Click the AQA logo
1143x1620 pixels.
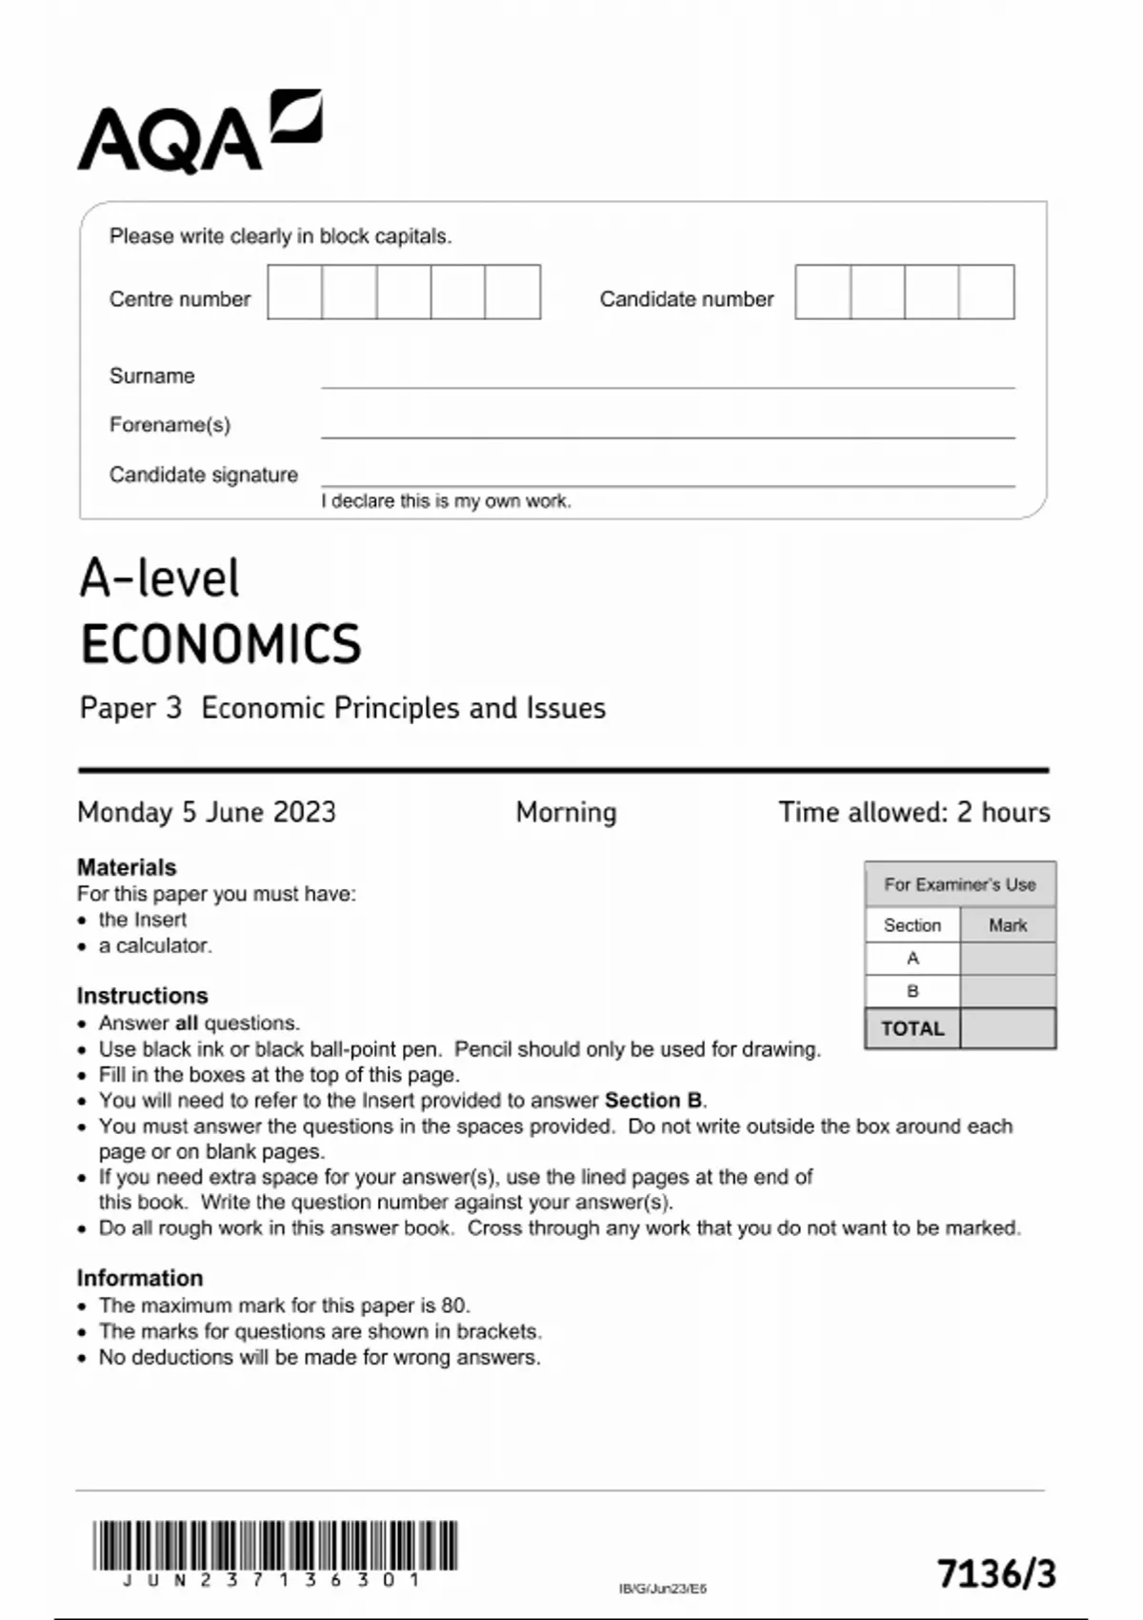pos(199,132)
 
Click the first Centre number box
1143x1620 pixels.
pos(294,292)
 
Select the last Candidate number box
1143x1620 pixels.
pos(987,292)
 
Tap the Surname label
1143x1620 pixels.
pos(151,375)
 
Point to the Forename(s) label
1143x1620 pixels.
pos(170,425)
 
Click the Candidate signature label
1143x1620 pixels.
pos(203,475)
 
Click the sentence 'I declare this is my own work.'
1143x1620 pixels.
pos(446,501)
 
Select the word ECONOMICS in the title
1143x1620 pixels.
pos(221,644)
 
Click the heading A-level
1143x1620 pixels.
pos(159,578)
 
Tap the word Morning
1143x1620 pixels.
pos(566,812)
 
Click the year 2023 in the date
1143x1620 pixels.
pos(304,812)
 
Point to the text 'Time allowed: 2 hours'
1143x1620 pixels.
pos(913,812)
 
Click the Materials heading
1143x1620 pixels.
pos(127,867)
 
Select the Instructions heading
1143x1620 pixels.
pos(142,995)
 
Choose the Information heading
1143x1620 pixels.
pos(140,1278)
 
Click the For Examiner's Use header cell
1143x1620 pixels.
pos(959,884)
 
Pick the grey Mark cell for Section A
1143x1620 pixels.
pos(1007,959)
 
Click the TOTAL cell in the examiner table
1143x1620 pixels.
pos(912,1029)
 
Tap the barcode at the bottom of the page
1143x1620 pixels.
pos(274,1545)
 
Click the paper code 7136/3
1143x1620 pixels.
pos(996,1573)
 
